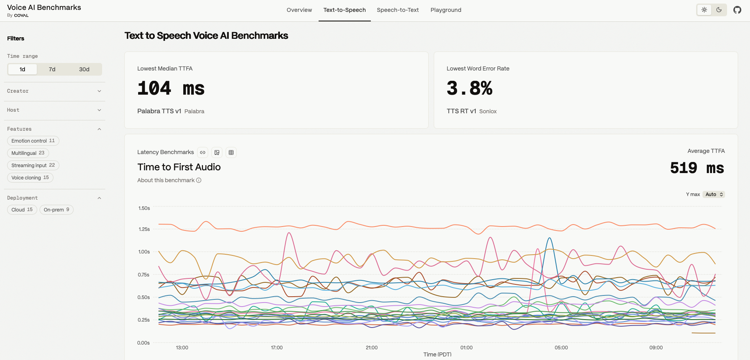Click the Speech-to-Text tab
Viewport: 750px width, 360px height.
click(x=397, y=10)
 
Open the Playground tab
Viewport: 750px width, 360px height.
click(x=446, y=10)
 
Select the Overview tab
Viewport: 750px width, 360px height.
click(x=299, y=10)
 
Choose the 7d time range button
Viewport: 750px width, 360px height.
click(x=52, y=69)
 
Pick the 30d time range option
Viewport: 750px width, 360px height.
click(x=84, y=69)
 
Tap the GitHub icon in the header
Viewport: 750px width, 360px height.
click(x=737, y=10)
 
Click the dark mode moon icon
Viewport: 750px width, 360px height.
click(x=719, y=10)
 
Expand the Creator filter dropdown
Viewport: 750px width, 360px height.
click(x=54, y=91)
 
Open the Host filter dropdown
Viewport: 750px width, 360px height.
click(x=54, y=110)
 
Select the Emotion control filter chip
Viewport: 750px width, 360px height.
click(x=33, y=141)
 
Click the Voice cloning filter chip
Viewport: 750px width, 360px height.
click(x=30, y=178)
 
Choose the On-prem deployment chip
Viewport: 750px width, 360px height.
click(x=57, y=210)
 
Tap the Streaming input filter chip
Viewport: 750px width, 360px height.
click(x=33, y=166)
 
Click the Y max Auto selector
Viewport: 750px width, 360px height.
click(x=714, y=194)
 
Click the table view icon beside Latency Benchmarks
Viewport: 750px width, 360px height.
click(x=231, y=152)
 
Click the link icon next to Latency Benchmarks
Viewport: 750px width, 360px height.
click(x=203, y=152)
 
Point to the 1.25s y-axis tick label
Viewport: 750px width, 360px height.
click(x=144, y=229)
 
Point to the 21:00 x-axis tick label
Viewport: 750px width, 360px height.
click(x=372, y=348)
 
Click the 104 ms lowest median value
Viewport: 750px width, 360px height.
click(x=171, y=88)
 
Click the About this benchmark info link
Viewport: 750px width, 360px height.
click(x=169, y=180)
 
